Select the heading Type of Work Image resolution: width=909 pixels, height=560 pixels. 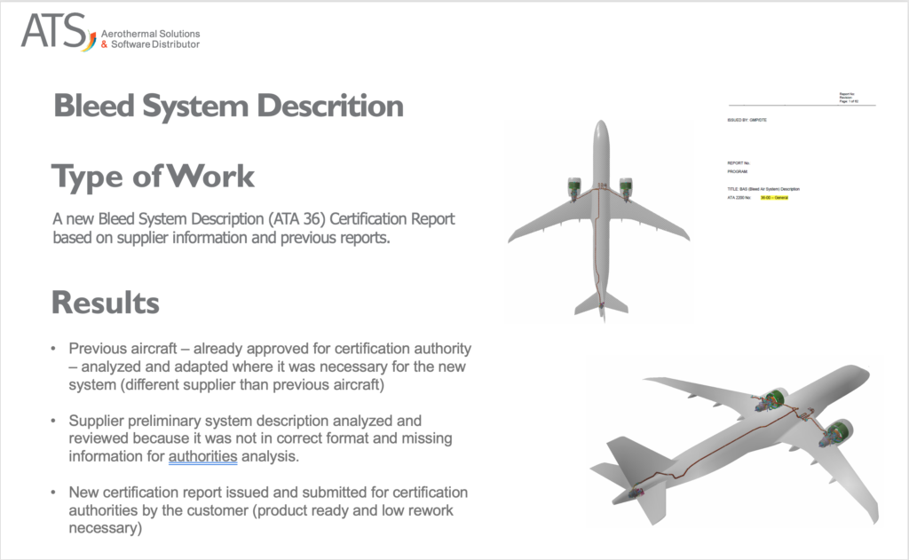tap(153, 176)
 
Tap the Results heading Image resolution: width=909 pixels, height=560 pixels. tap(105, 303)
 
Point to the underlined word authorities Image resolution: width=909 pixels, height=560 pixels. tap(203, 457)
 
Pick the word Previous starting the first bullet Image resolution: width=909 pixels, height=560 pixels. tap(98, 348)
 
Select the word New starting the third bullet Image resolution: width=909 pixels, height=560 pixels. tap(83, 492)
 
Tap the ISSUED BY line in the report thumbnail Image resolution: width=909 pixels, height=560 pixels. tap(746, 118)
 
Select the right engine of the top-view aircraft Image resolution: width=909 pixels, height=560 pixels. tap(628, 187)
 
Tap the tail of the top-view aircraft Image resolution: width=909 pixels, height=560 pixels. tap(601, 304)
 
